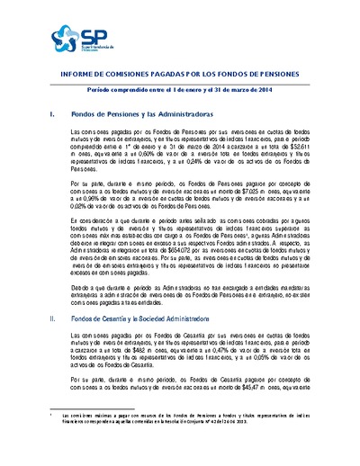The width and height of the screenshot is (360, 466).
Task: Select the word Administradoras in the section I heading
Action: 161,115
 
